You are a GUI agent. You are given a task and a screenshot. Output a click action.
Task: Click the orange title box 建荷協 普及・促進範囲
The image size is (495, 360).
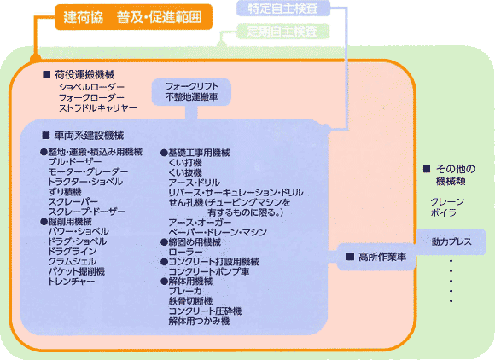pyautogui.click(x=133, y=17)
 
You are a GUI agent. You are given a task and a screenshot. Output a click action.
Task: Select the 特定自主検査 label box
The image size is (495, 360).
pyautogui.click(x=283, y=9)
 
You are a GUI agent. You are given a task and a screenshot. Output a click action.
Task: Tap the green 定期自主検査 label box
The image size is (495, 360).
pyautogui.click(x=282, y=32)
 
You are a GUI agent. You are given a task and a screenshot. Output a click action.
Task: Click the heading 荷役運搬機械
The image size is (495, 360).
pyautogui.click(x=84, y=75)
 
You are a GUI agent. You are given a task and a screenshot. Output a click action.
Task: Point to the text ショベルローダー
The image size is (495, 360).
pyautogui.click(x=91, y=87)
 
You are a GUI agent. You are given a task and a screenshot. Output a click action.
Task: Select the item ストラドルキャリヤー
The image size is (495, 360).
pyautogui.click(x=98, y=108)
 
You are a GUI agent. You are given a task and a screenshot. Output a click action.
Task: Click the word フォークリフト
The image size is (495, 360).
pyautogui.click(x=192, y=86)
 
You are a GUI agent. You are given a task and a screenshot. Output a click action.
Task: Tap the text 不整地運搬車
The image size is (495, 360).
pyautogui.click(x=192, y=97)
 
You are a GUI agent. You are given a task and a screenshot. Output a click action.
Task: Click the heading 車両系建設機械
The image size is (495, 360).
pyautogui.click(x=89, y=136)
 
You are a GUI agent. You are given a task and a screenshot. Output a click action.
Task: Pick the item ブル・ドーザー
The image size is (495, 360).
pyautogui.click(x=75, y=162)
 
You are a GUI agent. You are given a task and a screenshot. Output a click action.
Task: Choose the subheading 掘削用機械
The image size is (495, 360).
pyautogui.click(x=70, y=222)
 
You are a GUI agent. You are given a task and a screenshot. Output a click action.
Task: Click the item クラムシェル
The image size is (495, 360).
pyautogui.click(x=72, y=262)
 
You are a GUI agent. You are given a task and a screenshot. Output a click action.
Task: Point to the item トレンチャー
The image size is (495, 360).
pyautogui.click(x=72, y=282)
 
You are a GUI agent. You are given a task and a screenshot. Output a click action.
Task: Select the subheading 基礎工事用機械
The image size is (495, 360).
pyautogui.click(x=199, y=153)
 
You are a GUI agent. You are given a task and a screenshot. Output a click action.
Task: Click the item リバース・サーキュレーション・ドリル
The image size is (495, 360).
pyautogui.click(x=236, y=192)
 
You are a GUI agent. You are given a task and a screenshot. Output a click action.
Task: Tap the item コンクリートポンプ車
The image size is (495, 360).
pyautogui.click(x=209, y=271)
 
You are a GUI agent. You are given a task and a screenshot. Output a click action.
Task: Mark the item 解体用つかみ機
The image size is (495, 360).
pyautogui.click(x=199, y=322)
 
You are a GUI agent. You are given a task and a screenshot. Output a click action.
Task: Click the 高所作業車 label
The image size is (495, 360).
pyautogui.click(x=382, y=257)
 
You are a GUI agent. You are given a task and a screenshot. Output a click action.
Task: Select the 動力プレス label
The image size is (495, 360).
pyautogui.click(x=451, y=241)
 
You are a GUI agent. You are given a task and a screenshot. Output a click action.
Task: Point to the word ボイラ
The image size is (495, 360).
pyautogui.click(x=444, y=212)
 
